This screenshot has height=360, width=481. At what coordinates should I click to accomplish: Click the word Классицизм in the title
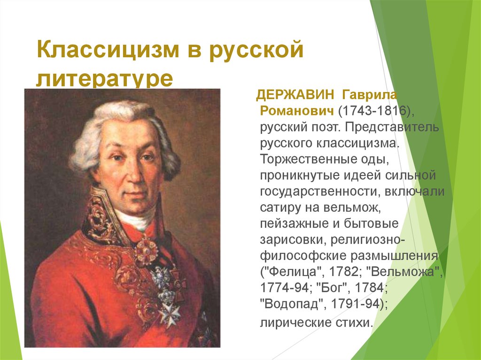click(108, 49)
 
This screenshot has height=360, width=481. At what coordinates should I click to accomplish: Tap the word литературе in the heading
click(105, 79)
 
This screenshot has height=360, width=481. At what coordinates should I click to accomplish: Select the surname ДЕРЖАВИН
click(295, 95)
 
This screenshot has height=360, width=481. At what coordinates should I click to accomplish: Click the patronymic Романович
click(297, 111)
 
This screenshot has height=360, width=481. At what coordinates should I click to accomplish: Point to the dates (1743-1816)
click(376, 111)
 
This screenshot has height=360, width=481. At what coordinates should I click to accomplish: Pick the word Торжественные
click(307, 159)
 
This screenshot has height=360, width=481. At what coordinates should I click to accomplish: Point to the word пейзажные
click(295, 223)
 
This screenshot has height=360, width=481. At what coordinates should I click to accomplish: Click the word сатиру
click(280, 207)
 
